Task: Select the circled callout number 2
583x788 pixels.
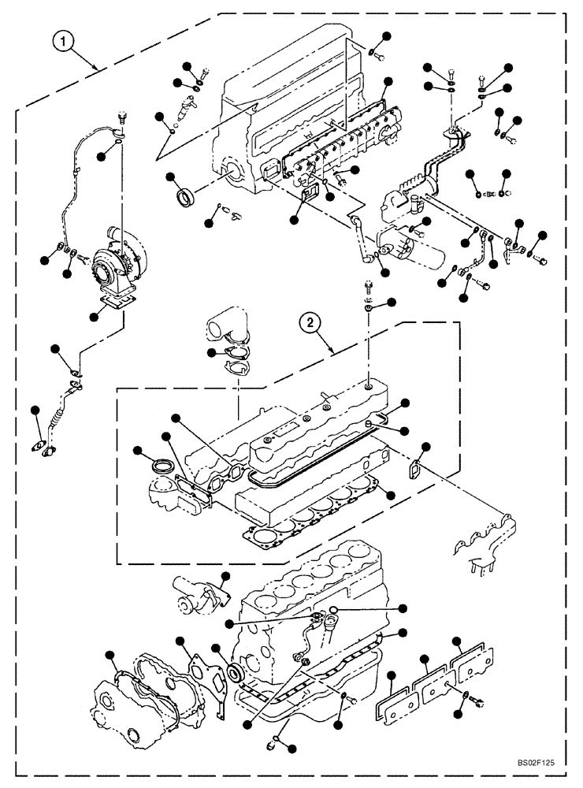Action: (312, 322)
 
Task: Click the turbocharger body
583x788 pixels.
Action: (118, 262)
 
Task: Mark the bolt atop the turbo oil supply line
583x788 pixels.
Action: (121, 118)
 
